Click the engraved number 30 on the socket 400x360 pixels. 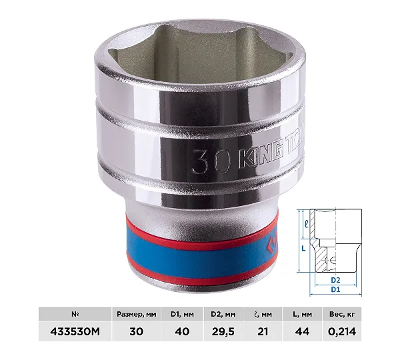[211, 161]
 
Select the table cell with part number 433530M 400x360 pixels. [75, 331]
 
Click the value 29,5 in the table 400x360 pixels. [223, 331]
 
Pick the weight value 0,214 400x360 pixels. [342, 331]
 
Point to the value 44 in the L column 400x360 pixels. [302, 331]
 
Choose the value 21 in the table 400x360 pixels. [263, 331]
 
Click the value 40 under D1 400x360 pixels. [182, 331]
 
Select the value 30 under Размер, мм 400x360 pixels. [137, 331]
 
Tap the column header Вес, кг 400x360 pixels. [342, 314]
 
